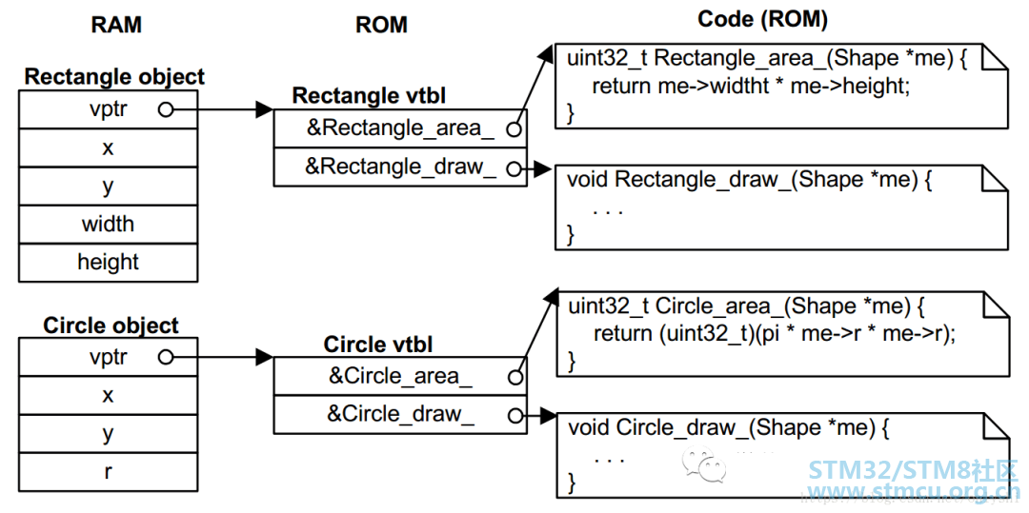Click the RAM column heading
[116, 25]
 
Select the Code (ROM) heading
[762, 20]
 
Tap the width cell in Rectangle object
[108, 225]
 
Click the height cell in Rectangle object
[108, 263]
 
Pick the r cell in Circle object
[108, 472]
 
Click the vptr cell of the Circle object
[108, 357]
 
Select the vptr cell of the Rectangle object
[108, 109]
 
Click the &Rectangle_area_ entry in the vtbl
[400, 129]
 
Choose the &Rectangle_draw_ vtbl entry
[400, 168]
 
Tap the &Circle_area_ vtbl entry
[400, 376]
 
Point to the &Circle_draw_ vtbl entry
[400, 414]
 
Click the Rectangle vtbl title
[369, 96]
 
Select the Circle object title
[111, 325]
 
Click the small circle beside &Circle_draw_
[514, 415]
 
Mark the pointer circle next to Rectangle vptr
[166, 110]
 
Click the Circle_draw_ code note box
[783, 454]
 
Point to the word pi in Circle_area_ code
[776, 334]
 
